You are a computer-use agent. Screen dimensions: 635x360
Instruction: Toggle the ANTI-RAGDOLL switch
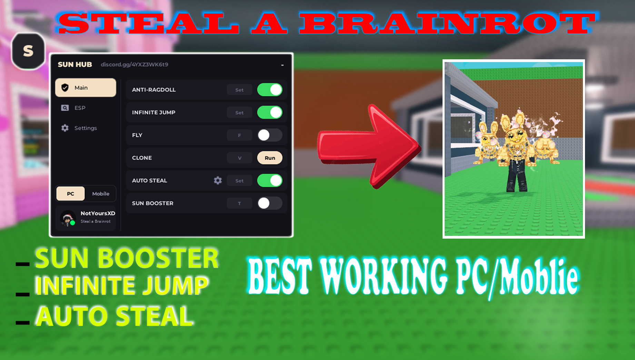pyautogui.click(x=270, y=90)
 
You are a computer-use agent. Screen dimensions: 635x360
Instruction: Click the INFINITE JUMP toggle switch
pyautogui.click(x=270, y=112)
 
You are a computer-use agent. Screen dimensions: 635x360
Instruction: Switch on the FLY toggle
pyautogui.click(x=270, y=135)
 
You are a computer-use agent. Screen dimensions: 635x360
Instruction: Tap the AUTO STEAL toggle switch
pyautogui.click(x=270, y=180)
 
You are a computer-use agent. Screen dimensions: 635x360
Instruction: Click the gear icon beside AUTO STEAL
pyautogui.click(x=218, y=180)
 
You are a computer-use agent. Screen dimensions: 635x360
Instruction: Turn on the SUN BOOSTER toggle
pyautogui.click(x=270, y=203)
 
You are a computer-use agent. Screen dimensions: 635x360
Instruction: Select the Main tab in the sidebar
pyautogui.click(x=86, y=88)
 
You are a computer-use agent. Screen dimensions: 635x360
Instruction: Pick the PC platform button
pyautogui.click(x=70, y=194)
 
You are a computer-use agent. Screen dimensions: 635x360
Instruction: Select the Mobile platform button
pyautogui.click(x=101, y=194)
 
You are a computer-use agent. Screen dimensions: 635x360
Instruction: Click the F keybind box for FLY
pyautogui.click(x=239, y=135)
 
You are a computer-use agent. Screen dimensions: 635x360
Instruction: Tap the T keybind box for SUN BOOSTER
pyautogui.click(x=239, y=203)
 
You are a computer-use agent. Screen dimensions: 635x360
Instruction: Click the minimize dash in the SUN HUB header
pyautogui.click(x=282, y=65)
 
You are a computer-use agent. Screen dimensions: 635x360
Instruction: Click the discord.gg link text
pyautogui.click(x=135, y=64)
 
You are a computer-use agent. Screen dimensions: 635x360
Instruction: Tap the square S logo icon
pyautogui.click(x=28, y=51)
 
